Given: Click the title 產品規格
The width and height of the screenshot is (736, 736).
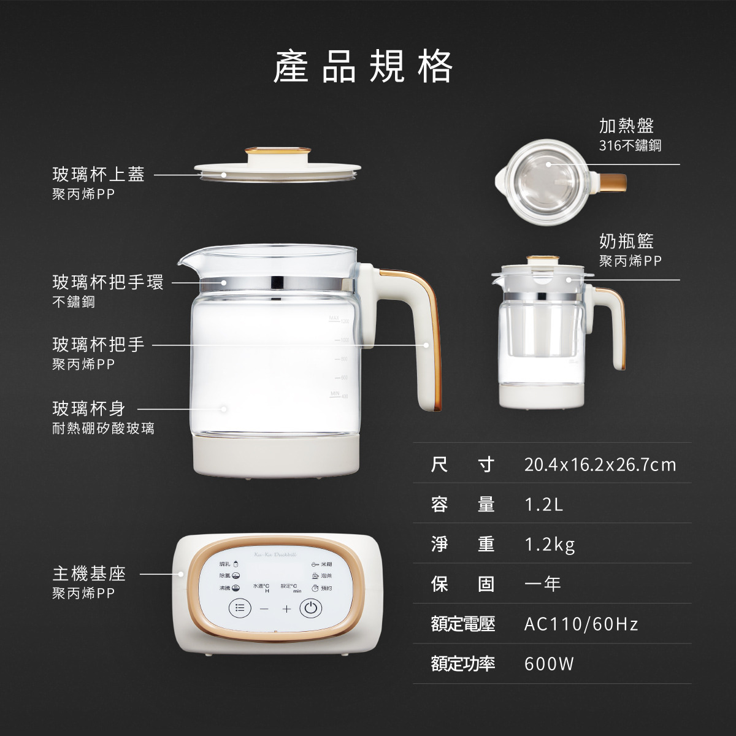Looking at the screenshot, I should pyautogui.click(x=363, y=66).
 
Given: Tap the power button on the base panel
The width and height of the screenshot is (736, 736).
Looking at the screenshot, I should pyautogui.click(x=310, y=608).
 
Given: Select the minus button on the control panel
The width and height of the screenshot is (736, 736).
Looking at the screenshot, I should pyautogui.click(x=264, y=609).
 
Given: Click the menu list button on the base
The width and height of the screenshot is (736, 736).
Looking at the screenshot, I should pyautogui.click(x=240, y=608).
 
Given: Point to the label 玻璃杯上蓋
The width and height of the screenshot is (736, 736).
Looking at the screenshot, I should pyautogui.click(x=98, y=175).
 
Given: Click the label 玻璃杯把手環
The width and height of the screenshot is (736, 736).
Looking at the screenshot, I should pyautogui.click(x=108, y=283).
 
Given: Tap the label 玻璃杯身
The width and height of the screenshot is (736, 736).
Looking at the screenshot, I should pyautogui.click(x=89, y=408).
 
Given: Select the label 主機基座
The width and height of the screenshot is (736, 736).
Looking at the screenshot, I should pyautogui.click(x=89, y=574).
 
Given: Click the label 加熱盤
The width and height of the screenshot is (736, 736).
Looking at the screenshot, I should pyautogui.click(x=626, y=126).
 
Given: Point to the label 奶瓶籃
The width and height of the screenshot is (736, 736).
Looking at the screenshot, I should pyautogui.click(x=626, y=241).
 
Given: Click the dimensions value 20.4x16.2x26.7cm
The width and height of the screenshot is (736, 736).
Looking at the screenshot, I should pyautogui.click(x=600, y=465).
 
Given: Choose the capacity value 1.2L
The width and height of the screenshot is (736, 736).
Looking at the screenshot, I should pyautogui.click(x=543, y=505).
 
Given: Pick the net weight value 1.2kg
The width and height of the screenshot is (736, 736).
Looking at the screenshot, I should pyautogui.click(x=550, y=545).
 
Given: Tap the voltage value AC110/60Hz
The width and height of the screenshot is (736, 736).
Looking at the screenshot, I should pyautogui.click(x=581, y=624).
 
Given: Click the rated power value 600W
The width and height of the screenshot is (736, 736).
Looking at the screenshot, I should pyautogui.click(x=549, y=664).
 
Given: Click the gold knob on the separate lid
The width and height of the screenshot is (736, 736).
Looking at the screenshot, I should pyautogui.click(x=276, y=153).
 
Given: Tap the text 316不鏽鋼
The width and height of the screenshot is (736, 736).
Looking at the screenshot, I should pyautogui.click(x=630, y=146).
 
